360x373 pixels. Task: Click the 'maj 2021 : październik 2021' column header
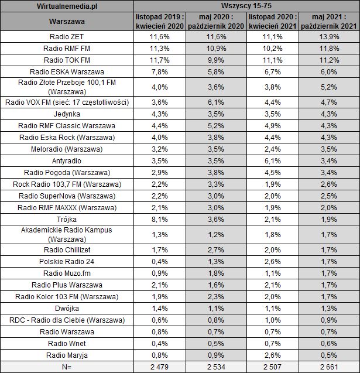328,22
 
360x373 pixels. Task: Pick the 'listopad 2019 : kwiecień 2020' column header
159,22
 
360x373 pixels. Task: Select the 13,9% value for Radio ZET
328,36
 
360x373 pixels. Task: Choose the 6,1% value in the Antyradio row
272,160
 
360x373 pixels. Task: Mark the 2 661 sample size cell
328,367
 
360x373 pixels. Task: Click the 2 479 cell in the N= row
159,367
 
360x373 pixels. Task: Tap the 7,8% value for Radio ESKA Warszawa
159,71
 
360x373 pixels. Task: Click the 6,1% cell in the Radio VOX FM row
215,102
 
